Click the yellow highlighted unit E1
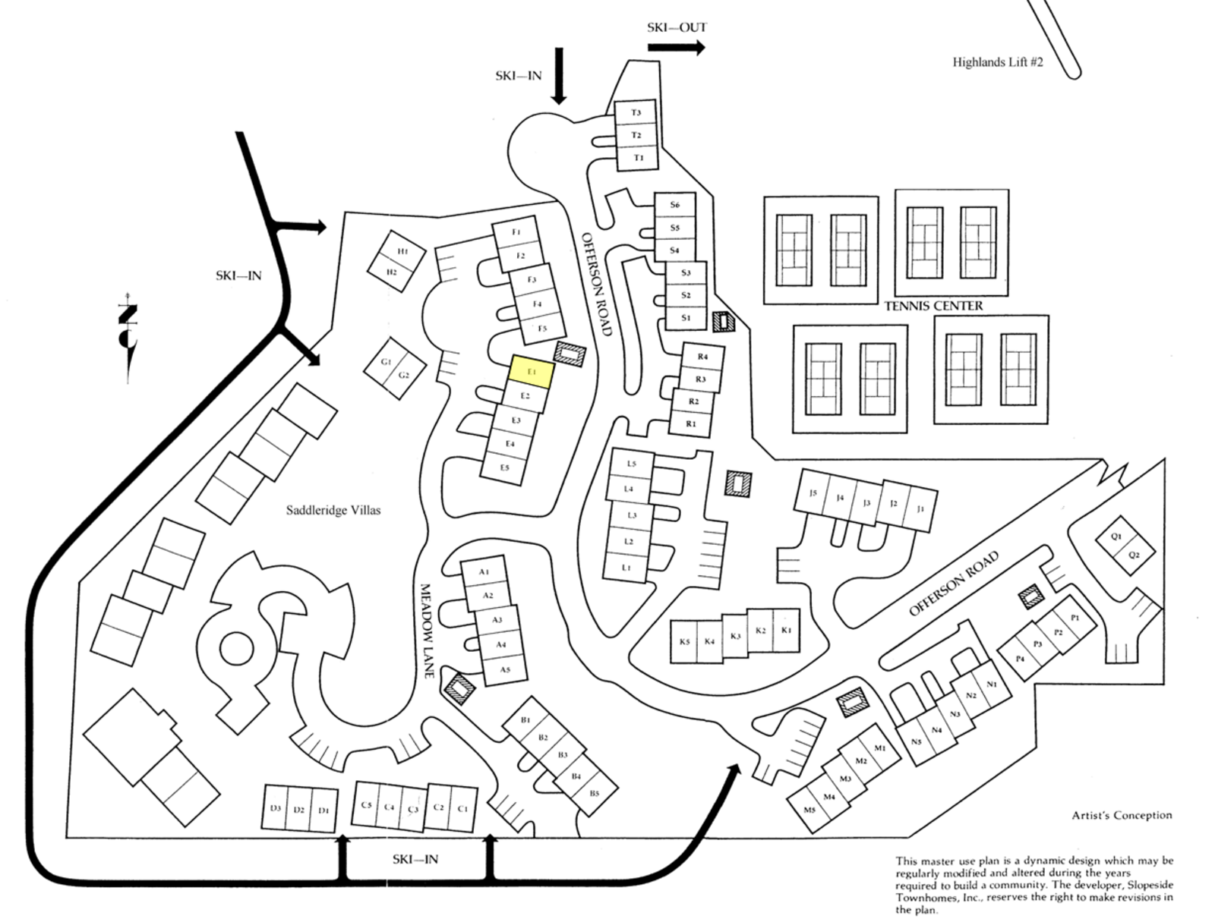532,372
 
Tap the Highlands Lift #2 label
997,62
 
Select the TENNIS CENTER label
933,306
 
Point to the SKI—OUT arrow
676,48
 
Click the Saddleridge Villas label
333,511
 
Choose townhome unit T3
636,113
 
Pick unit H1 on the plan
402,251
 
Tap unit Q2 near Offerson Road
1134,555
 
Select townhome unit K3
735,637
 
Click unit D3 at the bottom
276,809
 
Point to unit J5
813,493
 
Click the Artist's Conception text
1122,815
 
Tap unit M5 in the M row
809,810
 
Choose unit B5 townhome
594,794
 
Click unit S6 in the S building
675,205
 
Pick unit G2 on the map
404,376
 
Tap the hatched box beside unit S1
724,322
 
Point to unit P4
1020,659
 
